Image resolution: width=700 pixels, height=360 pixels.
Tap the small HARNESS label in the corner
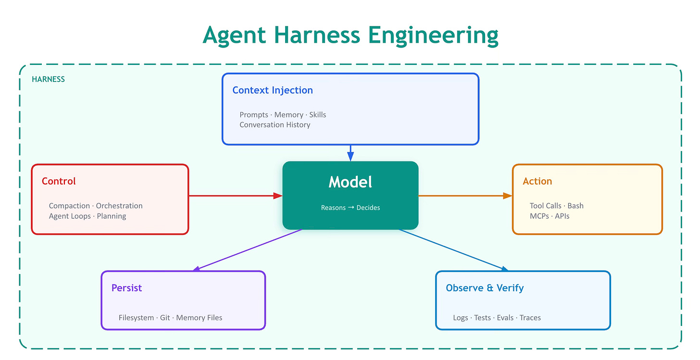tap(48, 79)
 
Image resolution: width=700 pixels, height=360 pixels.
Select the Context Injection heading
tap(273, 90)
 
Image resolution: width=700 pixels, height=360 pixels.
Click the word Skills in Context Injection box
tap(317, 115)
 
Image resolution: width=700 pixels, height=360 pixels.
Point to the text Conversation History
tap(275, 125)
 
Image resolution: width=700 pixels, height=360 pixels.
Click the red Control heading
tap(59, 181)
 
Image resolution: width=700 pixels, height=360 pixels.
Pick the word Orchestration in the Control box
tap(119, 206)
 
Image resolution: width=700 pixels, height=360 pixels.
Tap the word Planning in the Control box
tap(112, 216)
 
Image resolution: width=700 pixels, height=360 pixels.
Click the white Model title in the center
tap(350, 182)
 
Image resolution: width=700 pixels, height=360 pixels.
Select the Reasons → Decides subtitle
tap(350, 208)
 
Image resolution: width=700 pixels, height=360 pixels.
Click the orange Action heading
tap(537, 181)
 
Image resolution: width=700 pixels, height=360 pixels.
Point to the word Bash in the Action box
tap(575, 206)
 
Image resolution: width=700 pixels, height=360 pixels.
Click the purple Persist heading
tap(126, 288)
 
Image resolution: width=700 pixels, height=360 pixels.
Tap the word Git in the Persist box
tap(165, 318)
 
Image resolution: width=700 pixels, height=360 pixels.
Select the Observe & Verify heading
tap(485, 288)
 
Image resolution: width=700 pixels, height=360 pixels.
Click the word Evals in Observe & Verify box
tap(505, 318)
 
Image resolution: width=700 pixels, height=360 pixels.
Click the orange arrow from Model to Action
tap(464, 196)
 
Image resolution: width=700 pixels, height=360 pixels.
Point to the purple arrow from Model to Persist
tap(248, 250)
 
